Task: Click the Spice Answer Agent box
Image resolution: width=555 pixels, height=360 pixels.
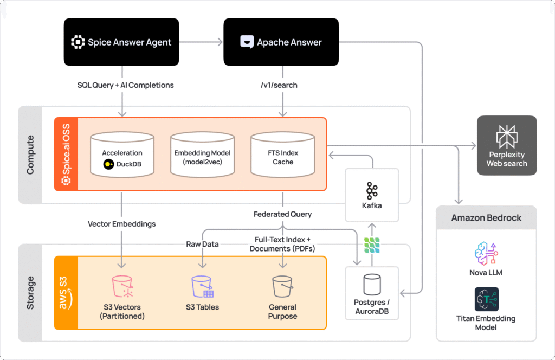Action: click(x=121, y=42)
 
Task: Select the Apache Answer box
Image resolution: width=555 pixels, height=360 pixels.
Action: click(x=281, y=42)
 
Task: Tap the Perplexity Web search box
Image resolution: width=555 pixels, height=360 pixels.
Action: click(x=506, y=145)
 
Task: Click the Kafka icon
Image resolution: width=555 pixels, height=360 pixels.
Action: click(x=372, y=191)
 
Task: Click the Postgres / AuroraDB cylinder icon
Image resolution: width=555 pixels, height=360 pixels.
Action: click(x=372, y=284)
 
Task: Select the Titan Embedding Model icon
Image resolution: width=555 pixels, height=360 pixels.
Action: click(x=486, y=299)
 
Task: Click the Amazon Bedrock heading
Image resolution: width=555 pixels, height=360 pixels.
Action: click(x=486, y=218)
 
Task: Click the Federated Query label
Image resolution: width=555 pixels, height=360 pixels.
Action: click(x=282, y=214)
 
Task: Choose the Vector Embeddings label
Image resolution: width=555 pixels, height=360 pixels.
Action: click(x=121, y=223)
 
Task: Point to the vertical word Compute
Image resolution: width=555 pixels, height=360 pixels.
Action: click(x=30, y=155)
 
